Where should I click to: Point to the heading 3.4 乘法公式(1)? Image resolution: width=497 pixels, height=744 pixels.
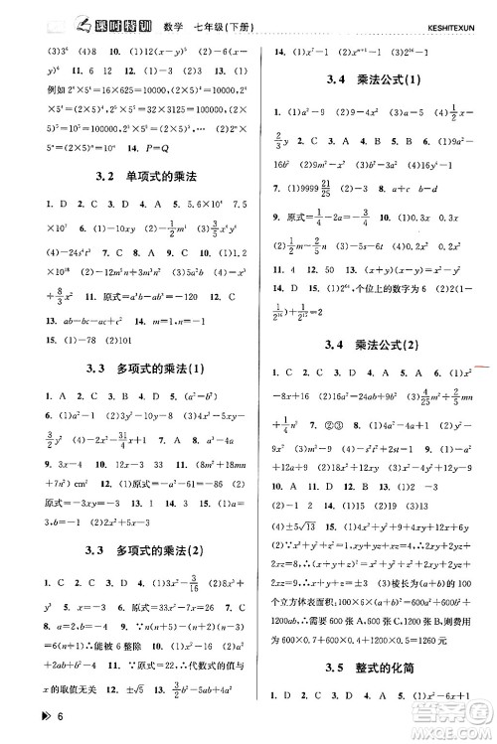click(373, 79)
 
